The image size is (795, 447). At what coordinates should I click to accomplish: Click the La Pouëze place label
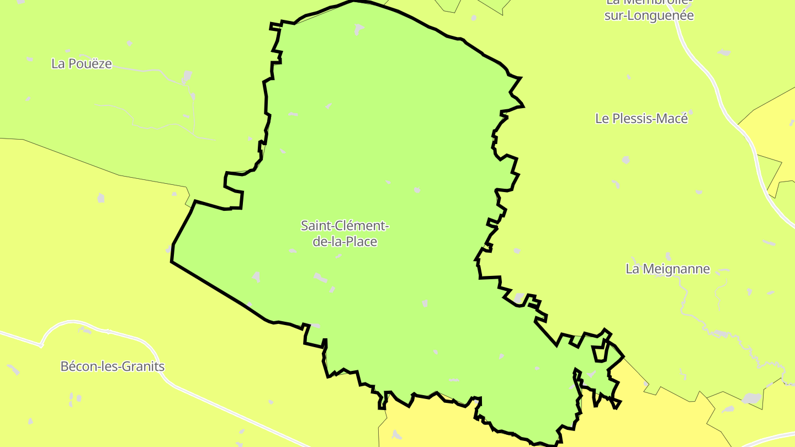pos(81,64)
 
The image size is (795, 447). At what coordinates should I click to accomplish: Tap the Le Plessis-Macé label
pos(642,118)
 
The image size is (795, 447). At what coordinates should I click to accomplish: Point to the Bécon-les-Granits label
pos(112,366)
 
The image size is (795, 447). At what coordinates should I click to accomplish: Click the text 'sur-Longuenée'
pos(649,15)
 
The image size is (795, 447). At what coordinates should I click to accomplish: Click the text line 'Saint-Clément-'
pos(345,226)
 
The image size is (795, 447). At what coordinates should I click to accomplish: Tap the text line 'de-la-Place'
pos(345,241)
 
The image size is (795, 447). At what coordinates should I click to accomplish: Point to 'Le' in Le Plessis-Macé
pos(602,118)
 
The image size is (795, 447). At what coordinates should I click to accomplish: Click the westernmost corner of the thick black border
pos(172,262)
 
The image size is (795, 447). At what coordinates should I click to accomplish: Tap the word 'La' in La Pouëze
pos(57,64)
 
